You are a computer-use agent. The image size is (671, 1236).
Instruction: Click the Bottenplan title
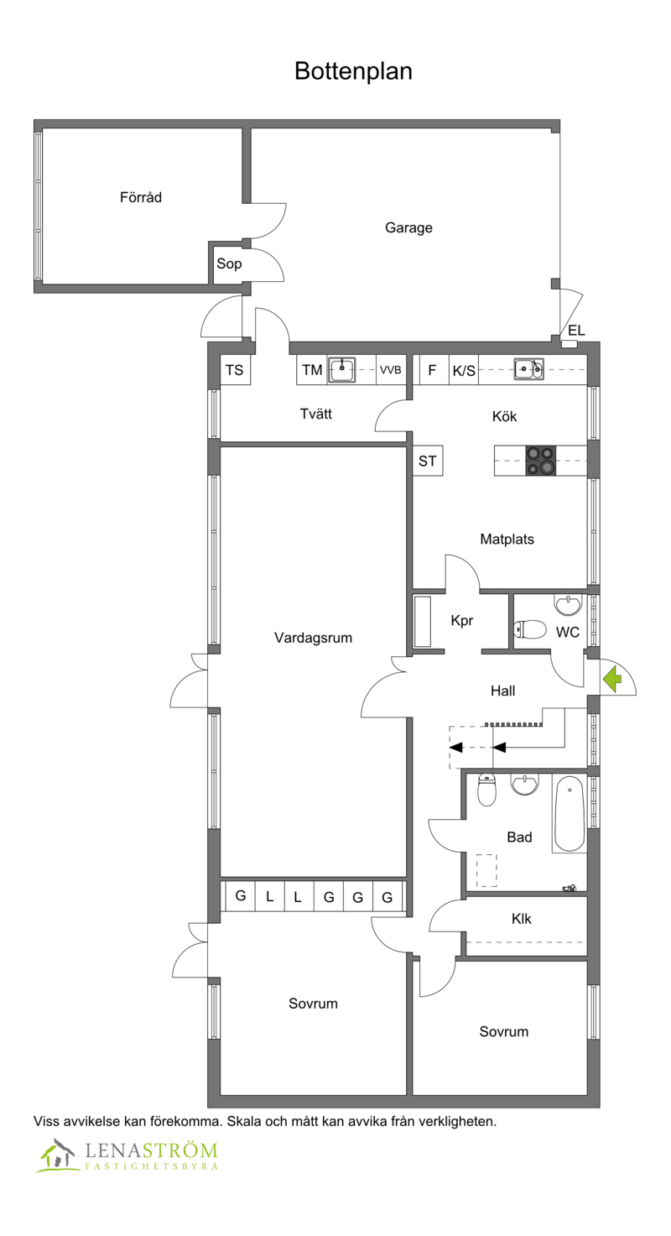[353, 71]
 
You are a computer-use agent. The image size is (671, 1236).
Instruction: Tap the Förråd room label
[141, 197]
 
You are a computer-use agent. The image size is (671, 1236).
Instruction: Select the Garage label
[408, 228]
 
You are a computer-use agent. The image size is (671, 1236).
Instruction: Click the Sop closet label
[229, 263]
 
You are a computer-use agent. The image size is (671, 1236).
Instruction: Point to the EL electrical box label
[576, 331]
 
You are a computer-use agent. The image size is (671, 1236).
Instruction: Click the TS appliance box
[235, 370]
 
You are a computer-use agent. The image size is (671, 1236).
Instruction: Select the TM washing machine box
[312, 370]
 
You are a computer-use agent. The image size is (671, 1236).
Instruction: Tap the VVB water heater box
[391, 370]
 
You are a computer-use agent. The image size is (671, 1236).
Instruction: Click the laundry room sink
[342, 369]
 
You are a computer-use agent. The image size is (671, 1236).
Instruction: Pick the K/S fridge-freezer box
[464, 370]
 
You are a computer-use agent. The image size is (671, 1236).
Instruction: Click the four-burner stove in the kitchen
[540, 461]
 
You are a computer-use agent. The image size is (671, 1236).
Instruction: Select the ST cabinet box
[427, 461]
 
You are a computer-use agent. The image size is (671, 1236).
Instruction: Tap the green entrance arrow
[611, 679]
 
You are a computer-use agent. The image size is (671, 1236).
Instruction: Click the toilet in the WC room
[530, 629]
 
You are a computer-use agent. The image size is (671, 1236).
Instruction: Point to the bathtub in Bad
[570, 814]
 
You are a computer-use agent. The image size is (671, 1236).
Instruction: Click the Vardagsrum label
[313, 638]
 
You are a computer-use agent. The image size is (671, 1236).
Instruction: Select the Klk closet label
[522, 919]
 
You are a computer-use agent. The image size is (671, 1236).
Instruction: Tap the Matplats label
[507, 539]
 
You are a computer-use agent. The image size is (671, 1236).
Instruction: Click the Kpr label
[462, 621]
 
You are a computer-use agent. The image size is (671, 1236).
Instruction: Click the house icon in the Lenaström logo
[56, 1155]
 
